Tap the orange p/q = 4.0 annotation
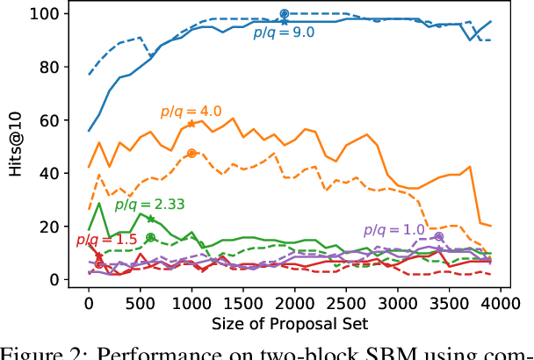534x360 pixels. point(191,112)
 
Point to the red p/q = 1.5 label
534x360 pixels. point(96,240)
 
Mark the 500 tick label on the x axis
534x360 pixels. point(140,304)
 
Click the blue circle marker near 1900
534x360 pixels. point(285,14)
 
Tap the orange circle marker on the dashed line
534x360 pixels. point(191,154)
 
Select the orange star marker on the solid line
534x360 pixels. point(191,124)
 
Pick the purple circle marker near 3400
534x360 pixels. point(438,237)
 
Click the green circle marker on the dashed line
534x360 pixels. point(150,237)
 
